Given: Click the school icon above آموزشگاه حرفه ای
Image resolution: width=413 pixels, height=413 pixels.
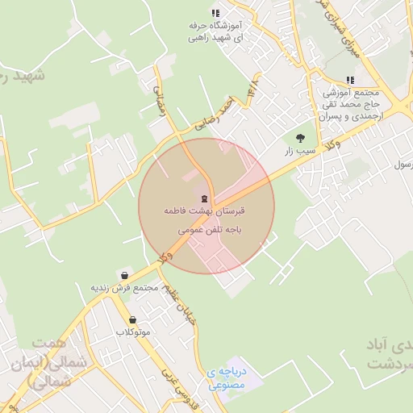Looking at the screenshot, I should pos(215,13).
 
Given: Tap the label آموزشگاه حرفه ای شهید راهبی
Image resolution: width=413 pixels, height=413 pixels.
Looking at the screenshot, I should pos(215,31).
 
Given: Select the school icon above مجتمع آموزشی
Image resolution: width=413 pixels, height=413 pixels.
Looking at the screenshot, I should pos(349,80).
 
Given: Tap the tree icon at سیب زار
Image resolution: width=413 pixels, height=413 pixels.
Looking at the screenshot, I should pos(300,138).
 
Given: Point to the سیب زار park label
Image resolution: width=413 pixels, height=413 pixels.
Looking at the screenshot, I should pos(298,152).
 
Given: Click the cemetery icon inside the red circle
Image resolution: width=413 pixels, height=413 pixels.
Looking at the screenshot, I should pos(204,198).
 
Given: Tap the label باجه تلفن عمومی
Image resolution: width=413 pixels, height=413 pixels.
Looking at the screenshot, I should pos(205,229).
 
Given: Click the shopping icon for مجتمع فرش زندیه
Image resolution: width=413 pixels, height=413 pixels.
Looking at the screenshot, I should pos(123,275).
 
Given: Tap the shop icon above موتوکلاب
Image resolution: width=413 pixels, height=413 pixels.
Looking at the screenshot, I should pos(133,319).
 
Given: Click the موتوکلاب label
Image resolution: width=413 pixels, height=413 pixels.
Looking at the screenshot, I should pos(133,332).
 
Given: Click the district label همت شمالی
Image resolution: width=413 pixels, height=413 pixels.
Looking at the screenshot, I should pos(40,364).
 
